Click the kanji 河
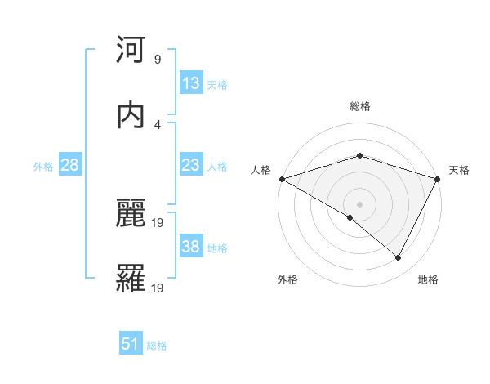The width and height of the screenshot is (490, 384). pyautogui.click(x=131, y=51)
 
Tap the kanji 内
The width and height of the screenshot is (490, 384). pyautogui.click(x=131, y=114)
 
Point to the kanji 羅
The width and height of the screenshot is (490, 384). pyautogui.click(x=131, y=278)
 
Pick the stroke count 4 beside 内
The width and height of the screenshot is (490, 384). pyautogui.click(x=157, y=124)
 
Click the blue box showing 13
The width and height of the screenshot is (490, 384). pyautogui.click(x=190, y=83)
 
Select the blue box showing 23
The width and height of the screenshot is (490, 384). pyautogui.click(x=190, y=165)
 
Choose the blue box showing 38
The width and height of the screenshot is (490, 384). pyautogui.click(x=190, y=247)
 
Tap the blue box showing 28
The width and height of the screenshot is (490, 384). pyautogui.click(x=70, y=165)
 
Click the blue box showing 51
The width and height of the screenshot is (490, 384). pyautogui.click(x=131, y=345)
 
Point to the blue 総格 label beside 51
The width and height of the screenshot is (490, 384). pyautogui.click(x=157, y=346)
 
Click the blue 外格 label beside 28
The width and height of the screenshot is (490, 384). pyautogui.click(x=43, y=166)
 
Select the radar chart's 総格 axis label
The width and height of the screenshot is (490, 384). pyautogui.click(x=359, y=106)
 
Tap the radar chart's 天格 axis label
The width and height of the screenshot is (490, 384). pyautogui.click(x=459, y=170)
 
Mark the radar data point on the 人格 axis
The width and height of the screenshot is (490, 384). pyautogui.click(x=281, y=179)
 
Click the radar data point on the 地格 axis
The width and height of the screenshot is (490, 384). pyautogui.click(x=399, y=258)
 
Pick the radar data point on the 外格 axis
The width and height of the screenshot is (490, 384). pyautogui.click(x=350, y=217)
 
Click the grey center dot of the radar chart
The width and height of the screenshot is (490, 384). pyautogui.click(x=359, y=204)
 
